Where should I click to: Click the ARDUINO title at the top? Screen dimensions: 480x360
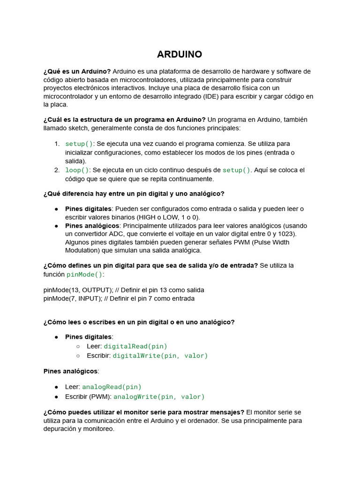(180, 54)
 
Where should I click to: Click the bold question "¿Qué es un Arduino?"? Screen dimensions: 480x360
(77, 71)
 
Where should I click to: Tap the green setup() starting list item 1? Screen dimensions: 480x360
(79, 143)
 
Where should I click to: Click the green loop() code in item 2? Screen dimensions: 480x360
(77, 170)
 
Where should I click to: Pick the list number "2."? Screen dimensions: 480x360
(57, 170)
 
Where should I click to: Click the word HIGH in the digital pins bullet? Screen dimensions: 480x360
(146, 217)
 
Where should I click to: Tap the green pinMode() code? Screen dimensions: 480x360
(84, 275)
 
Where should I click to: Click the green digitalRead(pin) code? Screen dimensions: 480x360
(135, 346)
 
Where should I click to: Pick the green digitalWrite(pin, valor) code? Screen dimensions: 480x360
(160, 356)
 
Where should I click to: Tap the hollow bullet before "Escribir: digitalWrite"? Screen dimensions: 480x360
(78, 356)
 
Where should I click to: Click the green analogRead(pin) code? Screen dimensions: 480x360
(112, 387)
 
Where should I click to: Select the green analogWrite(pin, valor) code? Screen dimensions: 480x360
(159, 397)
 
